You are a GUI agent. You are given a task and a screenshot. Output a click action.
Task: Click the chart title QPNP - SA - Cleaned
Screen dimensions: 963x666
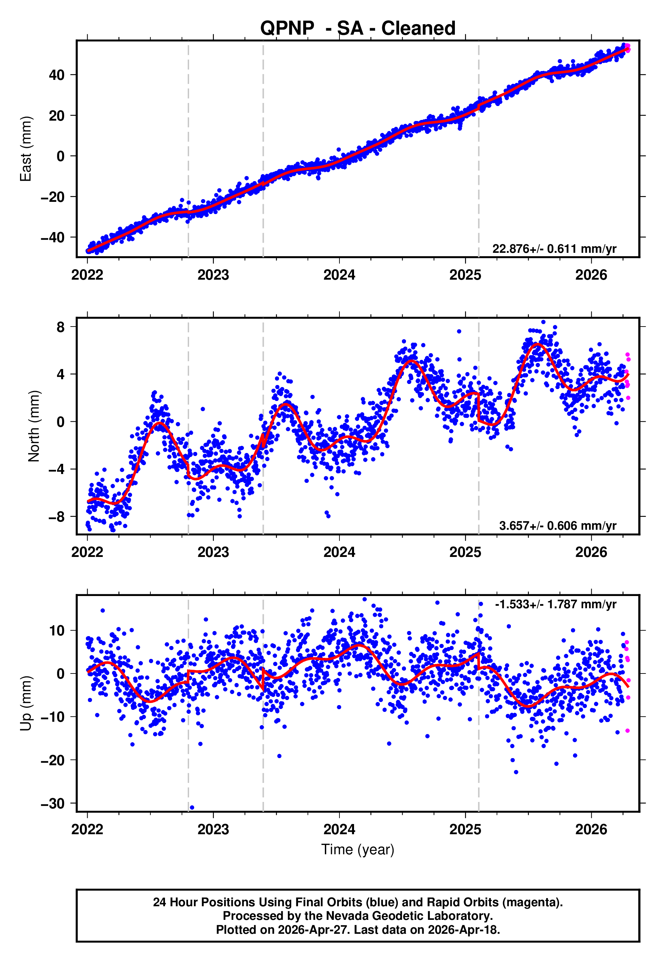pos(358,29)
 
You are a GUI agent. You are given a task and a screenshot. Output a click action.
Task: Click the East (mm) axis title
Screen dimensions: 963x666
pos(26,149)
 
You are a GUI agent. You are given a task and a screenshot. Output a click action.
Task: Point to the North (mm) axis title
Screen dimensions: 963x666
pos(34,426)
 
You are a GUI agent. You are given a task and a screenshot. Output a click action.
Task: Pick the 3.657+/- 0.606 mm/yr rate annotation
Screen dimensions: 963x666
pos(557,526)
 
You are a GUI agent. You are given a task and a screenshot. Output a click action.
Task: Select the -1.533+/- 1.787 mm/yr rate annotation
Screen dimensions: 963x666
pos(555,604)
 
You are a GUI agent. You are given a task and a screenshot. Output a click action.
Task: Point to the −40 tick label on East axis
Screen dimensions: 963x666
pos(53,237)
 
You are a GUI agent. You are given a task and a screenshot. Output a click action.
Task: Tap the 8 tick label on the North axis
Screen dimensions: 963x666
pos(60,327)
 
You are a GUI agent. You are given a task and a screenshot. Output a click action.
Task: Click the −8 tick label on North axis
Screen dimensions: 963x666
pos(57,517)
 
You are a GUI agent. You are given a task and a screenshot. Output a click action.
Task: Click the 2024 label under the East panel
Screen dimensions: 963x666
pos(339,275)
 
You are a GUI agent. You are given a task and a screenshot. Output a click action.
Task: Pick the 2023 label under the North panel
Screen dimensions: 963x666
pos(213,552)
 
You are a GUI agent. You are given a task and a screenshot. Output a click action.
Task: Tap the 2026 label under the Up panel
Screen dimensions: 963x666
pos(591,829)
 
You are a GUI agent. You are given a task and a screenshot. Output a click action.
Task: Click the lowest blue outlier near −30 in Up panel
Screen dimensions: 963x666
pos(192,807)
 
